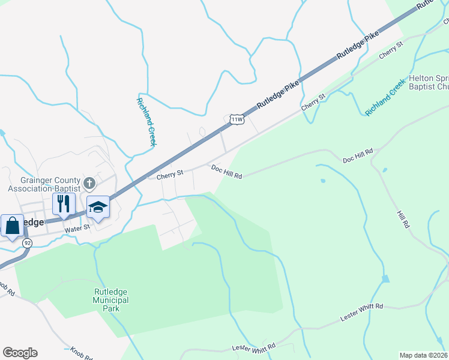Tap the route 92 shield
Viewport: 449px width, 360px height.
[27, 243]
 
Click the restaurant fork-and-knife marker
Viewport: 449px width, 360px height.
[63, 203]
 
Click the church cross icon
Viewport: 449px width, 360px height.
[89, 182]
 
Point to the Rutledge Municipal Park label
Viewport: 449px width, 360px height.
[110, 300]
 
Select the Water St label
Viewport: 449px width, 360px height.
[77, 227]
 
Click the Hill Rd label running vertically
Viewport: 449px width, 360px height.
[402, 218]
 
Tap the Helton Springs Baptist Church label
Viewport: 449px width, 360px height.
[429, 83]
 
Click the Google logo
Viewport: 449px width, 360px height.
[20, 353]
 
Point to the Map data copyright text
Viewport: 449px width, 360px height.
[424, 355]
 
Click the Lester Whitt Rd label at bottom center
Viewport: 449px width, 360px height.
[254, 347]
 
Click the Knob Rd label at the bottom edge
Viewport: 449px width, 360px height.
[82, 353]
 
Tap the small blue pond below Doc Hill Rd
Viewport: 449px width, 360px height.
[324, 180]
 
